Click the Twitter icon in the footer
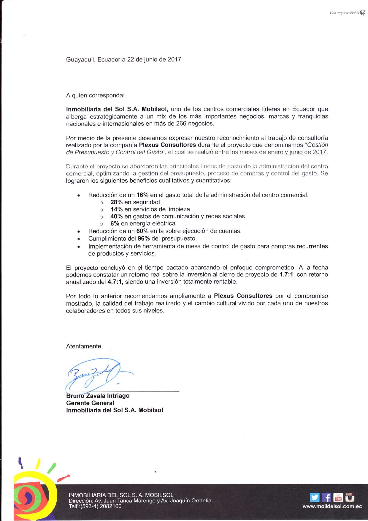[x=315, y=497]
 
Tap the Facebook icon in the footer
[x=326, y=497]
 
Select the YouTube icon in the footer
[x=338, y=497]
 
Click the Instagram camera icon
[x=350, y=497]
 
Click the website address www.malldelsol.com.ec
[x=332, y=506]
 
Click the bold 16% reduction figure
[x=142, y=195]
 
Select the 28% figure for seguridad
[x=117, y=202]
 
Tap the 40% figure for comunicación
[x=117, y=217]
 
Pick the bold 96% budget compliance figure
[x=144, y=239]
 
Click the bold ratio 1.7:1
[x=286, y=275]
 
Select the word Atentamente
[x=84, y=346]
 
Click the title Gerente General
[x=90, y=403]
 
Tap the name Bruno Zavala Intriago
[x=98, y=396]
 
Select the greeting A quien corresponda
[x=95, y=95]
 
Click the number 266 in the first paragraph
[x=181, y=124]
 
